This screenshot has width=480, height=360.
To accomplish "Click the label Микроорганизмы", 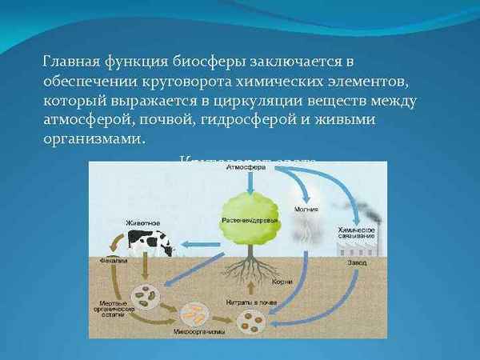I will tap(197, 330).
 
